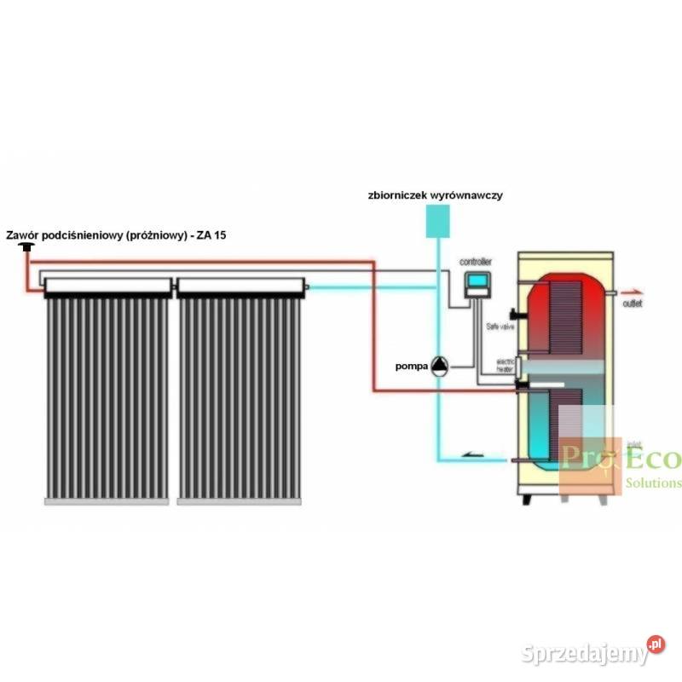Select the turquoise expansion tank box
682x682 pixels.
click(x=437, y=221)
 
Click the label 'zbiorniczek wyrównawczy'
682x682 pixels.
click(x=436, y=195)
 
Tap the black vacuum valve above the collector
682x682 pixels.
click(x=29, y=246)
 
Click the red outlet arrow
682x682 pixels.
click(x=629, y=291)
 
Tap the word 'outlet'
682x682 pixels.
click(x=633, y=303)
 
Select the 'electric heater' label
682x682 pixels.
click(x=507, y=363)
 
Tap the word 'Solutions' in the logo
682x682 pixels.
click(x=654, y=483)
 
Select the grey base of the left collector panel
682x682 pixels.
click(x=107, y=502)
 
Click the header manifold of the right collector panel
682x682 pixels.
click(x=240, y=285)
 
